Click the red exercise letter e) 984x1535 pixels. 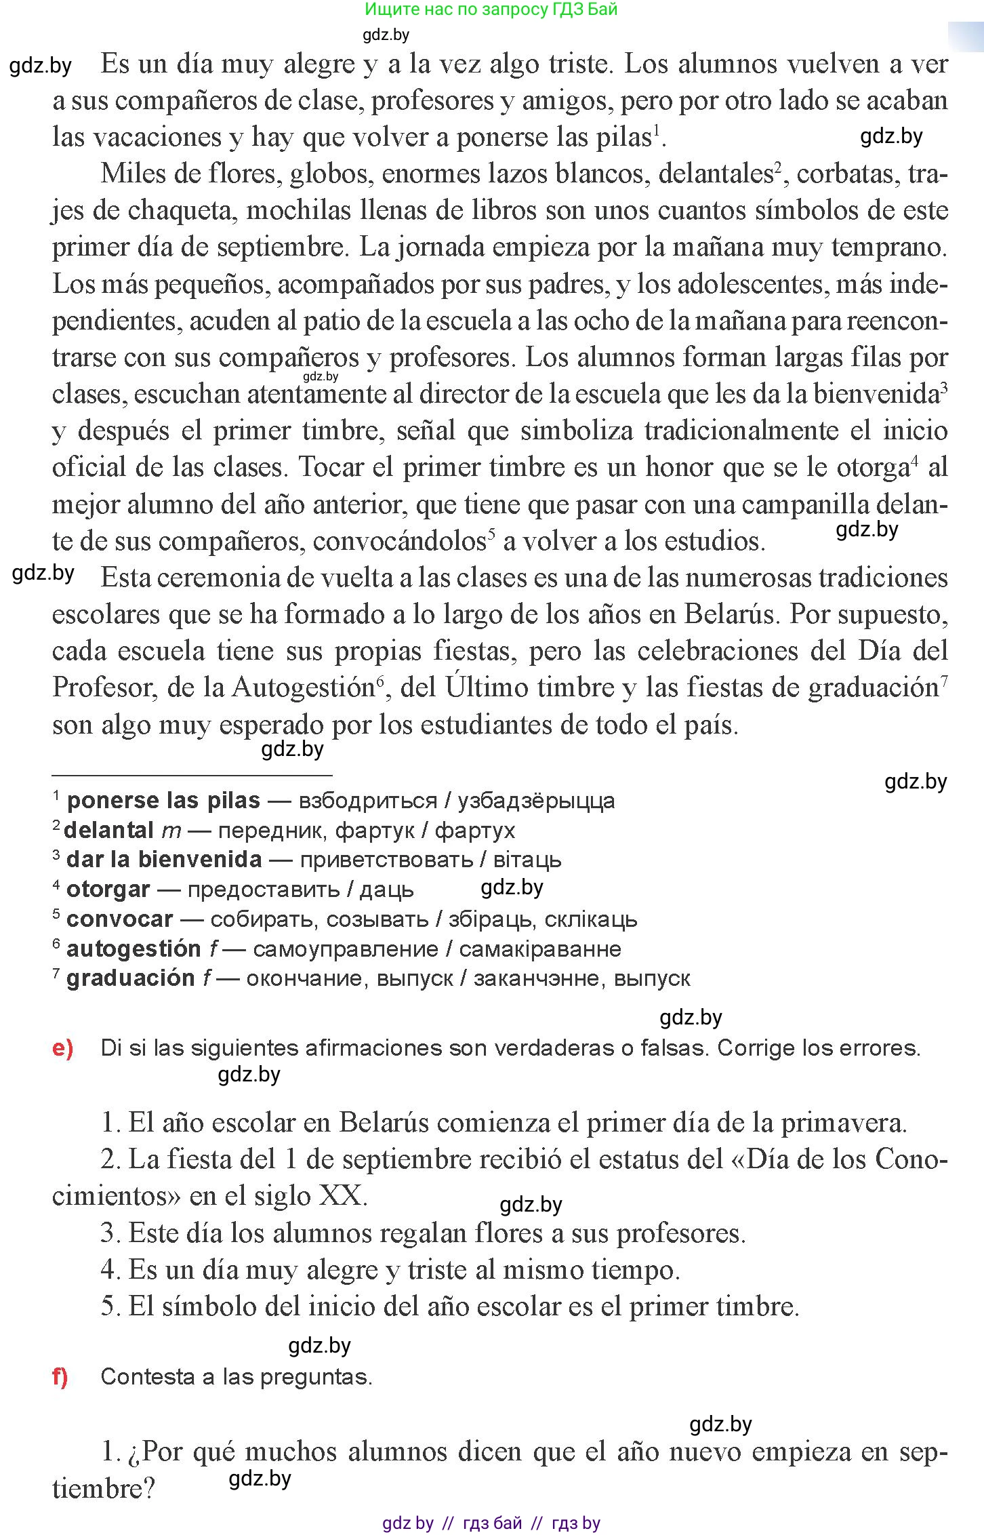pyautogui.click(x=62, y=1048)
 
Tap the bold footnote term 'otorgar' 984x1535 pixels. pyautogui.click(x=108, y=890)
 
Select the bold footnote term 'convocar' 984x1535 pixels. pyautogui.click(x=119, y=919)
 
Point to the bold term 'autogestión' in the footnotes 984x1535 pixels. pyautogui.click(x=134, y=949)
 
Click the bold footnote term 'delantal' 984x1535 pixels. pyautogui.click(x=108, y=831)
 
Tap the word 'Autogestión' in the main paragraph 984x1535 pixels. pyautogui.click(x=303, y=687)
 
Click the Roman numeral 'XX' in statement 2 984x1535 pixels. pyautogui.click(x=340, y=1195)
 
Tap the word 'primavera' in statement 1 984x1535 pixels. pyautogui.click(x=843, y=1123)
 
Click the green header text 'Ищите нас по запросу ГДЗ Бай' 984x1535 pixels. pyautogui.click(x=491, y=9)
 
